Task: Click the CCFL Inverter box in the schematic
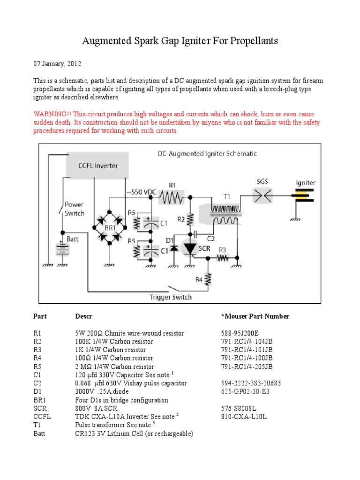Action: pos(97,165)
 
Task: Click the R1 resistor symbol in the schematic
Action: pos(172,198)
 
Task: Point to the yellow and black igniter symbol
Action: pos(305,196)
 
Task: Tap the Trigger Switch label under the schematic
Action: pos(170,297)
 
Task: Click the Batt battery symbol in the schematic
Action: pos(62,248)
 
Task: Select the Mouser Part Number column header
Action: pos(255,316)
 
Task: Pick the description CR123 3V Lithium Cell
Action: pos(134,434)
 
